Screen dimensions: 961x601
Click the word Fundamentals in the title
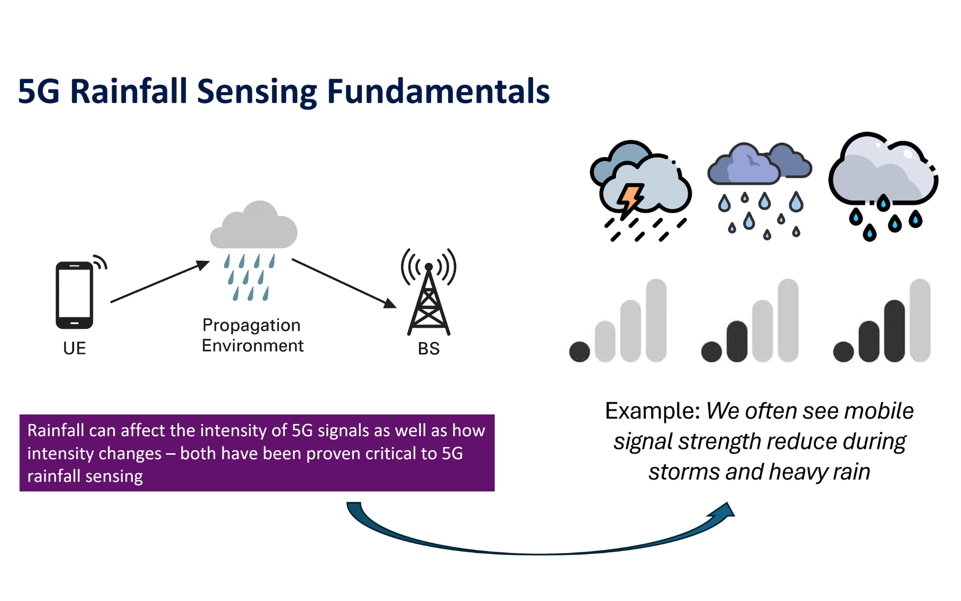[438, 92]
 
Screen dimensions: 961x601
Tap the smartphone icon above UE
[75, 295]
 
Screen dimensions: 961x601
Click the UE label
[75, 348]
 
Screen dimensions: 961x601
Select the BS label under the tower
[429, 348]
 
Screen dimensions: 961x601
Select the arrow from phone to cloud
[160, 281]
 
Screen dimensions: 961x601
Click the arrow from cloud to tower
[344, 283]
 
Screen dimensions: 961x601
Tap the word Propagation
[251, 325]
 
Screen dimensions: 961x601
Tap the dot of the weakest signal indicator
[580, 352]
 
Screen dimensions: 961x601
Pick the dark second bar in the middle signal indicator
[737, 341]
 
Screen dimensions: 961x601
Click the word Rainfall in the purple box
[56, 430]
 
